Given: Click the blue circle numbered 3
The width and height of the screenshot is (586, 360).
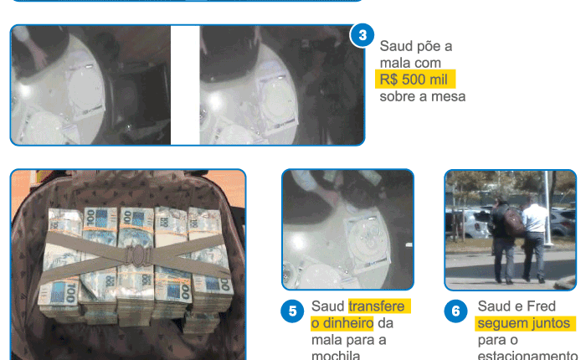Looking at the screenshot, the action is point(362,35).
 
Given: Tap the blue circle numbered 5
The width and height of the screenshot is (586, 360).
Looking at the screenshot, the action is point(292,311).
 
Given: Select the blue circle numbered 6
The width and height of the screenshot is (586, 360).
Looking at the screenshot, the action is point(455,311).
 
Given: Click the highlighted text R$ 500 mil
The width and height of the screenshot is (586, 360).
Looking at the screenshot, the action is point(414,80).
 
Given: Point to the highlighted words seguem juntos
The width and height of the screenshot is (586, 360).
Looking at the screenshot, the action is point(524,323).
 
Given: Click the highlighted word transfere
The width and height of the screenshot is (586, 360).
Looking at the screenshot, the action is point(377,306).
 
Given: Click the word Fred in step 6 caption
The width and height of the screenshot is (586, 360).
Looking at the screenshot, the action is point(541,306).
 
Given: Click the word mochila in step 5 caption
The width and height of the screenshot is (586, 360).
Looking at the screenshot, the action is point(336,355).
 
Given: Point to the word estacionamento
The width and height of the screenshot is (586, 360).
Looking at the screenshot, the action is point(527,355).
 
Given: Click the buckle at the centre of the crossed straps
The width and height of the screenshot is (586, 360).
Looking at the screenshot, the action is point(139,255).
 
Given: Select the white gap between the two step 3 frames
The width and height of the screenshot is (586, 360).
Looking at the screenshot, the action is point(185,85).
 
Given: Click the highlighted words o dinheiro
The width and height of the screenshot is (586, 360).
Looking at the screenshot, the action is point(342,323).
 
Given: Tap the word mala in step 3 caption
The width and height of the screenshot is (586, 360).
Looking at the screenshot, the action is point(392,63).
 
